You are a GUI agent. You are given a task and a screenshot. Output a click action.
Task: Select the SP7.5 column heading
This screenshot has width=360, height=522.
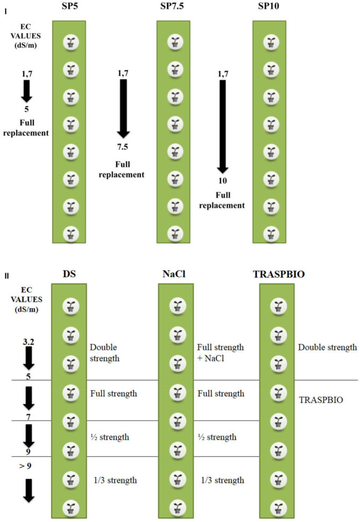pyautogui.click(x=173, y=9)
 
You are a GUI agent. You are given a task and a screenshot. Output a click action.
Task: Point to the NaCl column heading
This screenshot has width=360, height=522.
pyautogui.click(x=174, y=273)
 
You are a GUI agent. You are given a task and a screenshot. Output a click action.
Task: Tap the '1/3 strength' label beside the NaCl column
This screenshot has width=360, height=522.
pyautogui.click(x=222, y=480)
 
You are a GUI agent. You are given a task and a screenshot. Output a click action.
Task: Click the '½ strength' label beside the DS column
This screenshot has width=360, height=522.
pyautogui.click(x=110, y=437)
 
